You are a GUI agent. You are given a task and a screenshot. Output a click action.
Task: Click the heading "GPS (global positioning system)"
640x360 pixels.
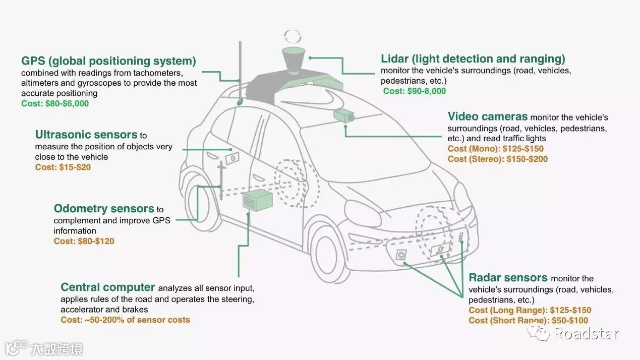(108, 62)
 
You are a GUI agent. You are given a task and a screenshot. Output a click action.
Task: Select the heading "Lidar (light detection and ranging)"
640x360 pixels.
(473, 59)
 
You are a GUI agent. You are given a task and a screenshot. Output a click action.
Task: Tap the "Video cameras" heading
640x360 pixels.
(488, 117)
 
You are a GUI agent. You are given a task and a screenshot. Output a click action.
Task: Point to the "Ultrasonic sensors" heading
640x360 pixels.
(86, 135)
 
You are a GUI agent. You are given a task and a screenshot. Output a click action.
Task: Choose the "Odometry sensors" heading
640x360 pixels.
(104, 209)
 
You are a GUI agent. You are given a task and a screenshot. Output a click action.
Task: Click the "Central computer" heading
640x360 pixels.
(107, 287)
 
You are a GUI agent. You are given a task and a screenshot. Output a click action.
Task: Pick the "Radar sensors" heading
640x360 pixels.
(508, 278)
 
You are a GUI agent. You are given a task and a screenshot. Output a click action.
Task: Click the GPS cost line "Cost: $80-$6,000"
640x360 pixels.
(55, 103)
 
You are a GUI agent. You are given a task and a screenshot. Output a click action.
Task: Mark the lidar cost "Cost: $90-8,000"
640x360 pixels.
(415, 91)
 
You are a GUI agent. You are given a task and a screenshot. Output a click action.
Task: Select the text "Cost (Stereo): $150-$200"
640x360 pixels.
(497, 159)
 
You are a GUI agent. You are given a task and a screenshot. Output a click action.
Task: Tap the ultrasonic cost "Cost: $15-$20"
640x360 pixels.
(63, 167)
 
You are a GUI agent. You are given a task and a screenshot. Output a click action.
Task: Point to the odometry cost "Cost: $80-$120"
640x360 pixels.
(84, 242)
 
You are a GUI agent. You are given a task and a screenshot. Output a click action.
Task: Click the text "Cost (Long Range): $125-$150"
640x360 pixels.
(530, 311)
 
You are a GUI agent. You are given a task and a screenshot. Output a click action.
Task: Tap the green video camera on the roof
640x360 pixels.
(343, 115)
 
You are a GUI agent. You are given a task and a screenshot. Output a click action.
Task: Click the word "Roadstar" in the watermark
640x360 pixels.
(586, 333)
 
